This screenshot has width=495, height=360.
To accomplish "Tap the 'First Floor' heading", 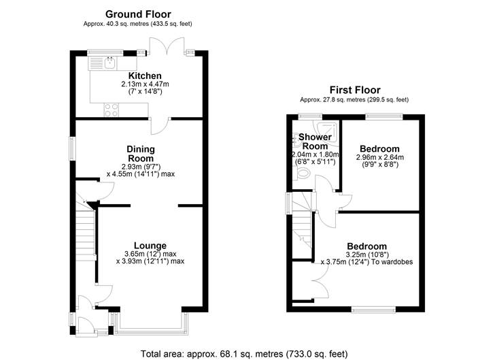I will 354,90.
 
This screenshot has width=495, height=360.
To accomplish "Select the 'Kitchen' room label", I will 145,76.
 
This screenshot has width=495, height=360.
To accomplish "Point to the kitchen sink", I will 109,63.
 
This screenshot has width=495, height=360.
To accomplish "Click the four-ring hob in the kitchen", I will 109,108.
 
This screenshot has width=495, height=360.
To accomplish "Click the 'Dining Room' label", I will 141,154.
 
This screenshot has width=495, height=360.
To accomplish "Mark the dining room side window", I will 71,148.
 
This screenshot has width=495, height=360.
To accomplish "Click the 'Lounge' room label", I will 150,246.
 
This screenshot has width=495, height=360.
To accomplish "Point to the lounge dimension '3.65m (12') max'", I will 150,254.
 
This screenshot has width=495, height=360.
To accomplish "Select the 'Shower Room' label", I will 315,142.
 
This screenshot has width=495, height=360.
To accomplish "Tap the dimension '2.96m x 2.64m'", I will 379,157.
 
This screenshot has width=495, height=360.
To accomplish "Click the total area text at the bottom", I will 243,354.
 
